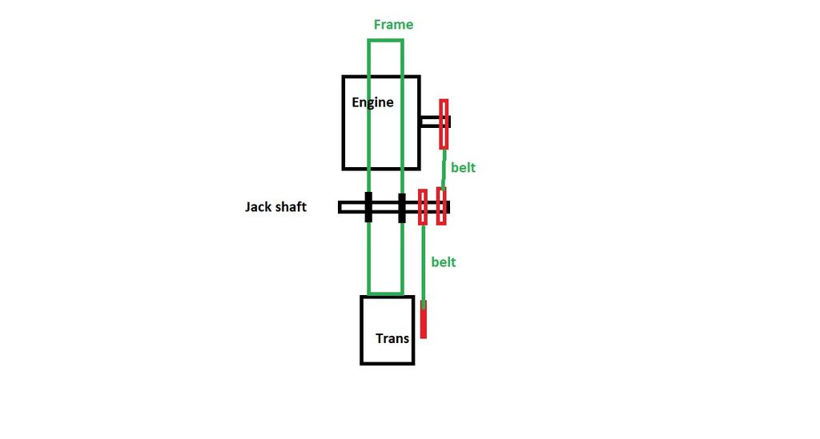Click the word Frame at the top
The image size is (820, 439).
pyautogui.click(x=393, y=25)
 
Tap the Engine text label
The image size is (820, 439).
pyautogui.click(x=372, y=102)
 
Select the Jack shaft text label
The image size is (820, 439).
pyautogui.click(x=275, y=207)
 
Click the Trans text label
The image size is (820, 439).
pyautogui.click(x=392, y=338)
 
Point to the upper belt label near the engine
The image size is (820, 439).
pyautogui.click(x=463, y=167)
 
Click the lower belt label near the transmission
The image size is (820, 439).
pyautogui.click(x=443, y=261)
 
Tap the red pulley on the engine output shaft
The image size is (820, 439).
pyautogui.click(x=444, y=124)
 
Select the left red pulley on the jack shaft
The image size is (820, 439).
pyautogui.click(x=423, y=207)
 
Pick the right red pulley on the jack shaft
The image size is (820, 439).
pyautogui.click(x=440, y=206)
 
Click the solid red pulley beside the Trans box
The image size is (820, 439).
pyautogui.click(x=424, y=320)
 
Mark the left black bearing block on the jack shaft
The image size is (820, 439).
pyautogui.click(x=368, y=207)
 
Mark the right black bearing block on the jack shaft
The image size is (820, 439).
pyautogui.click(x=402, y=207)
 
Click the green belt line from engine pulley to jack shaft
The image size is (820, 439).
pyautogui.click(x=443, y=168)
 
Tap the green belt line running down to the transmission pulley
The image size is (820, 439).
pyautogui.click(x=423, y=264)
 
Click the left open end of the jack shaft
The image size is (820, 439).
pyautogui.click(x=342, y=207)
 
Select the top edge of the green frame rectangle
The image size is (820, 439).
pyautogui.click(x=385, y=40)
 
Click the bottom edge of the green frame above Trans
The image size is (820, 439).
pyautogui.click(x=385, y=293)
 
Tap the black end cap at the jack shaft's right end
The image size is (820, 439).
pyautogui.click(x=448, y=207)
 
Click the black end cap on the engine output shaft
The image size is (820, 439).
pyautogui.click(x=449, y=122)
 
